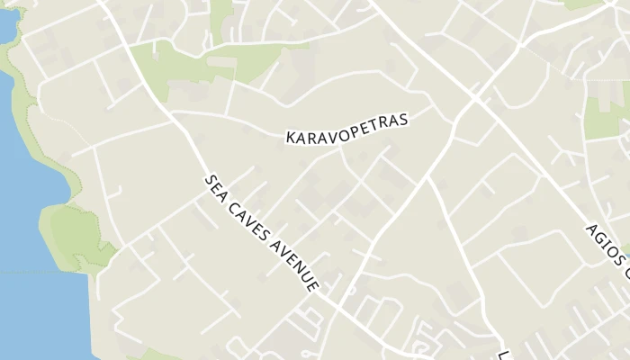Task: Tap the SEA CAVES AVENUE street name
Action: pos(261,232)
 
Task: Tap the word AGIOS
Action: pos(601,238)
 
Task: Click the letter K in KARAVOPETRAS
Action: pos(291,139)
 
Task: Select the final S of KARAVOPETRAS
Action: pos(404,118)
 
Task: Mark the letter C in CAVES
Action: pos(231,202)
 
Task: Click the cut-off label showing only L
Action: pos(505,352)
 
